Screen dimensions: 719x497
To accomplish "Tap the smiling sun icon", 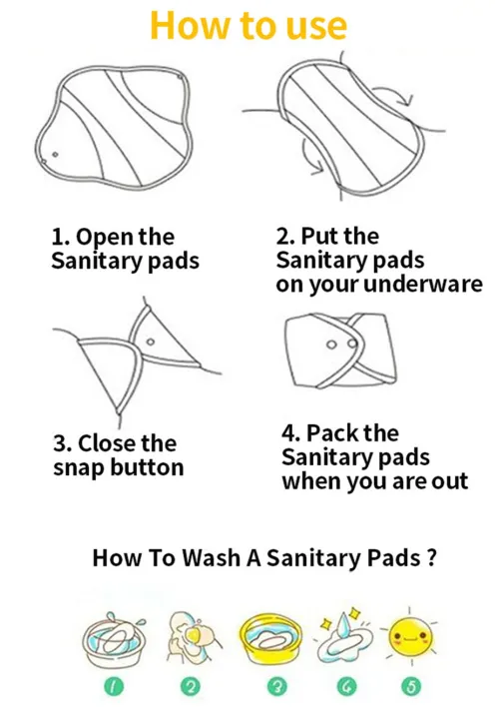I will pos(409,636).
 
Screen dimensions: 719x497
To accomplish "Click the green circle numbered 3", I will pos(263,686).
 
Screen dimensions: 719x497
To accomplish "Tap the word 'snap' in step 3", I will pos(79,467).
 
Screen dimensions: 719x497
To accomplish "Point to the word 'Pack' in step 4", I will pos(331,434).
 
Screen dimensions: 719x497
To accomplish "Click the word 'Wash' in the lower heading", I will pos(211,556).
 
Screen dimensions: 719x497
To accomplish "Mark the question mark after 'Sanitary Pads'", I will pos(431,556).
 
